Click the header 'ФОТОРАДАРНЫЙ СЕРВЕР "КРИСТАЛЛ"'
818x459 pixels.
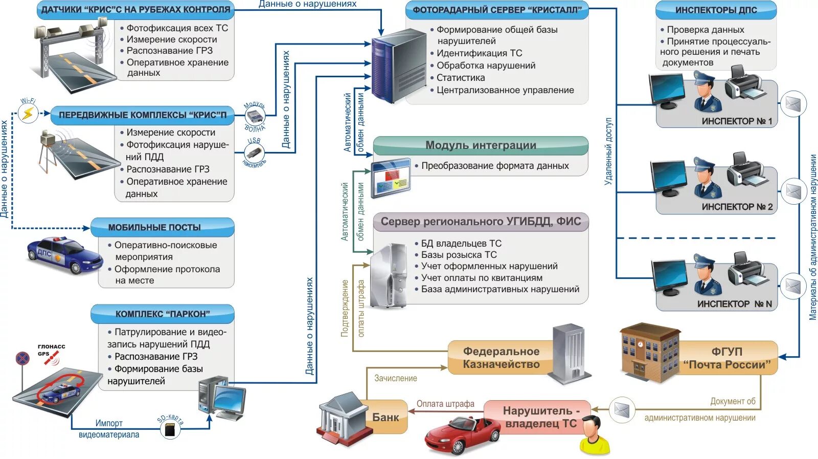tap(497, 10)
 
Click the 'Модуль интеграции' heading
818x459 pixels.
tap(481, 145)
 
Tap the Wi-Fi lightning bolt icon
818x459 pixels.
tap(28, 113)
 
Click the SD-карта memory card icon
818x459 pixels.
tap(170, 430)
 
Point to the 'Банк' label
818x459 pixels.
tap(385, 418)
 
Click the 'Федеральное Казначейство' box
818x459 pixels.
tap(501, 358)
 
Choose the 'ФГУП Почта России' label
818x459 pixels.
tap(726, 358)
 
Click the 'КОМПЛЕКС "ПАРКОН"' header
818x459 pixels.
tap(163, 314)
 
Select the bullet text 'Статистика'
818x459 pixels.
tap(460, 78)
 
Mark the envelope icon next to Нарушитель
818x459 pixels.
tap(622, 410)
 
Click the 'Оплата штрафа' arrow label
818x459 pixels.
tap(445, 404)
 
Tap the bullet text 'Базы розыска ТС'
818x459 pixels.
tap(459, 255)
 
